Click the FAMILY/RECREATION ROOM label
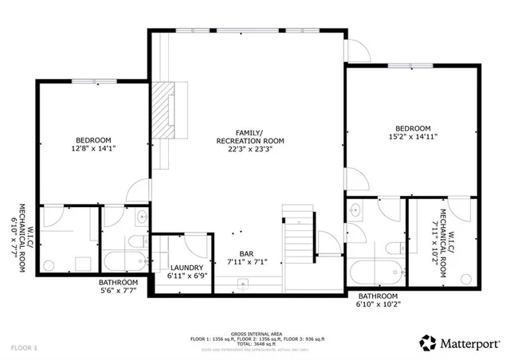[x=249, y=136]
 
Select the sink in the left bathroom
[x=141, y=216]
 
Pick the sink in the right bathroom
[x=355, y=211]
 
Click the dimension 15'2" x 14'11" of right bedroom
[x=413, y=136]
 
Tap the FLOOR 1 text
[x=25, y=348]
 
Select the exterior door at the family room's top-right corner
[x=355, y=50]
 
